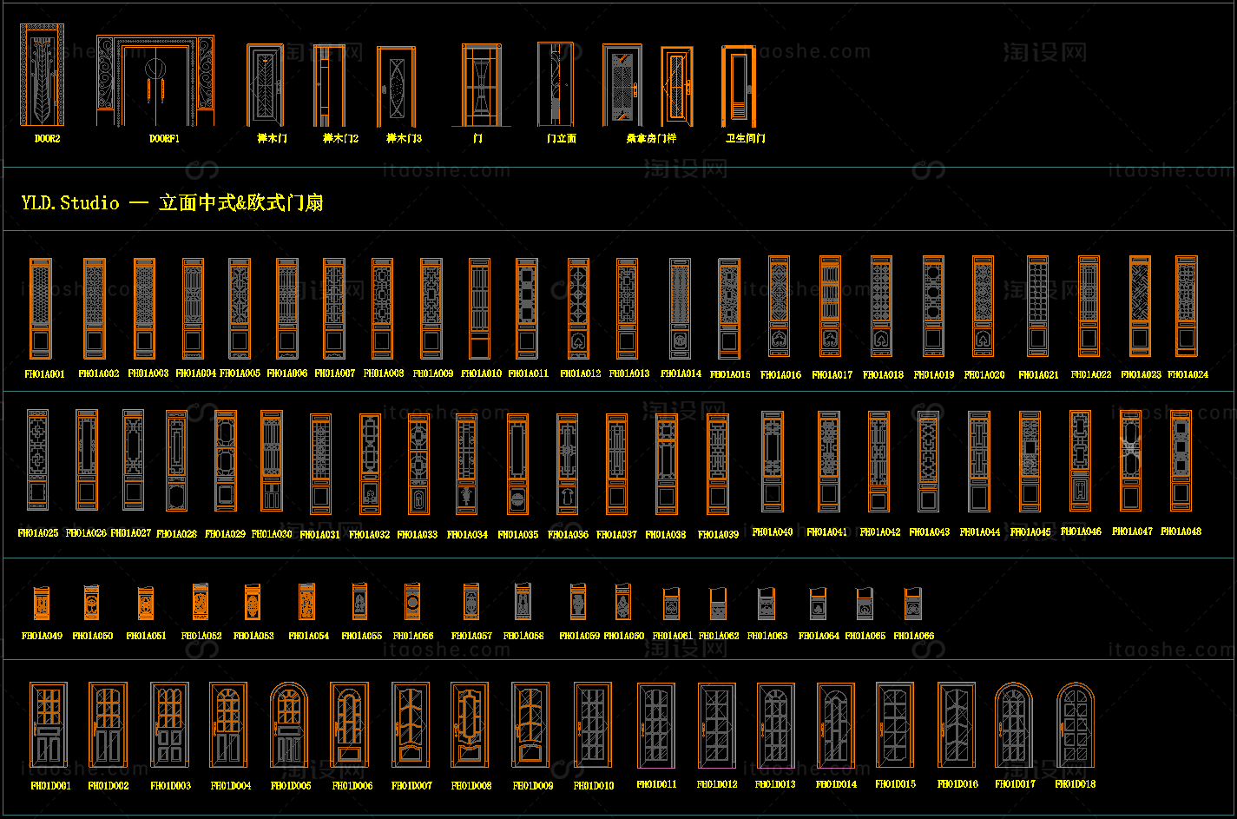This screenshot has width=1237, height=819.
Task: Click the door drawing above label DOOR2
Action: tap(42, 76)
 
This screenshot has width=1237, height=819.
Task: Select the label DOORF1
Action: tap(164, 138)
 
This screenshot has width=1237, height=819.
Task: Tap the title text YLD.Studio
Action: tap(70, 203)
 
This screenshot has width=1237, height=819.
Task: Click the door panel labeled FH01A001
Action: tap(41, 308)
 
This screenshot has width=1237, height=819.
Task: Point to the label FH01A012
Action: tap(580, 374)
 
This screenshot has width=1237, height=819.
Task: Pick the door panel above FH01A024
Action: tap(1187, 306)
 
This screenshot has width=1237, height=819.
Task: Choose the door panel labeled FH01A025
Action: tap(37, 459)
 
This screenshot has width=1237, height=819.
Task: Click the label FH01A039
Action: tap(718, 535)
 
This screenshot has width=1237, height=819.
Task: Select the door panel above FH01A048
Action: tap(1181, 460)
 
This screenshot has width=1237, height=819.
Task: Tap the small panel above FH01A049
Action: tap(42, 603)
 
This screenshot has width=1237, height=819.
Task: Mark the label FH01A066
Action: tap(914, 636)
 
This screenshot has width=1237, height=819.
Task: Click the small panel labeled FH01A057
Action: tap(471, 601)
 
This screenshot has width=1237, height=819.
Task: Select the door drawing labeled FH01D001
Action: tap(49, 725)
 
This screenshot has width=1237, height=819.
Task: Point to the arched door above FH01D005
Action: tap(289, 724)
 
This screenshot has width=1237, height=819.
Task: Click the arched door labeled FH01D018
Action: tap(1076, 724)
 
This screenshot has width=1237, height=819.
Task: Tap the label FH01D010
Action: tap(594, 786)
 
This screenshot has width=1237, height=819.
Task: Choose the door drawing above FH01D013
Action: tap(775, 725)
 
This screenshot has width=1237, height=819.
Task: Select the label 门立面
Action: tap(561, 138)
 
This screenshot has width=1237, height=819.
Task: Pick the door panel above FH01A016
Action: tap(779, 306)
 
